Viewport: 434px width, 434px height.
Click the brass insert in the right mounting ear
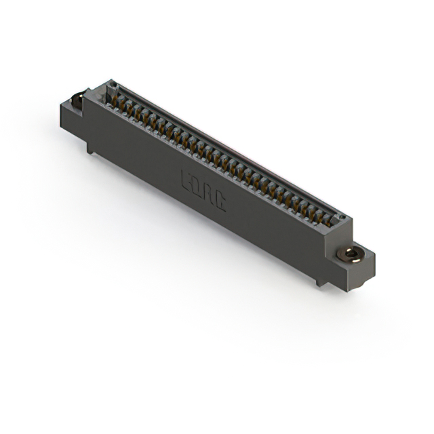pos(350,255)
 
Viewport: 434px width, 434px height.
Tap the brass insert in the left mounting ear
pos(77,100)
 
